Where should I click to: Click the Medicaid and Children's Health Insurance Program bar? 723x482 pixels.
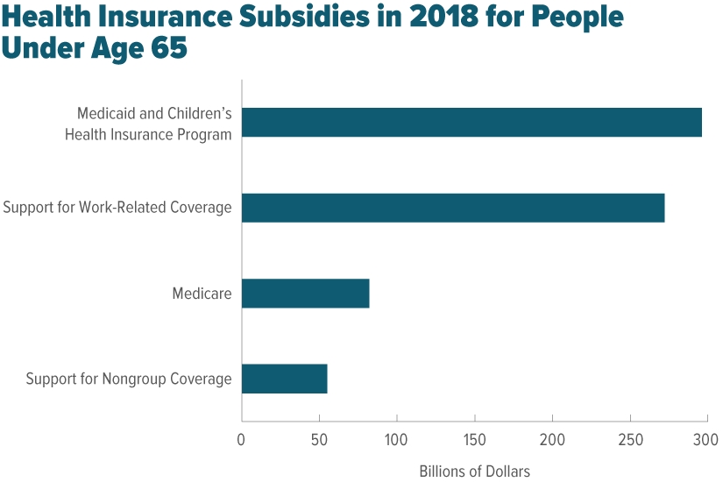pos(471,123)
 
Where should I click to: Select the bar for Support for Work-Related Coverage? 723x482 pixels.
pos(453,208)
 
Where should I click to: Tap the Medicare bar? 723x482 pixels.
pos(305,294)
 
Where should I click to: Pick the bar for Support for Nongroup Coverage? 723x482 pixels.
pos(284,379)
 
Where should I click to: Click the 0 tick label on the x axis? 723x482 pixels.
pos(242,438)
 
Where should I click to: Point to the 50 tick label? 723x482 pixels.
pos(319,438)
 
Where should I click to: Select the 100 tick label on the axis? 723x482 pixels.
pos(397,438)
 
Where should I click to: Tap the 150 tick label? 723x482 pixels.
pos(475,438)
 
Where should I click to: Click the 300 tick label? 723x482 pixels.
pos(706,438)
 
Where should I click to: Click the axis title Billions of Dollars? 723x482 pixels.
pos(474,471)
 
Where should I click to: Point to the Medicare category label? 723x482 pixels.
pos(202,294)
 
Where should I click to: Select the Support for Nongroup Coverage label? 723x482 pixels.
pos(129,379)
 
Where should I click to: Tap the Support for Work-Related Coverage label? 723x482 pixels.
pos(117,208)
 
